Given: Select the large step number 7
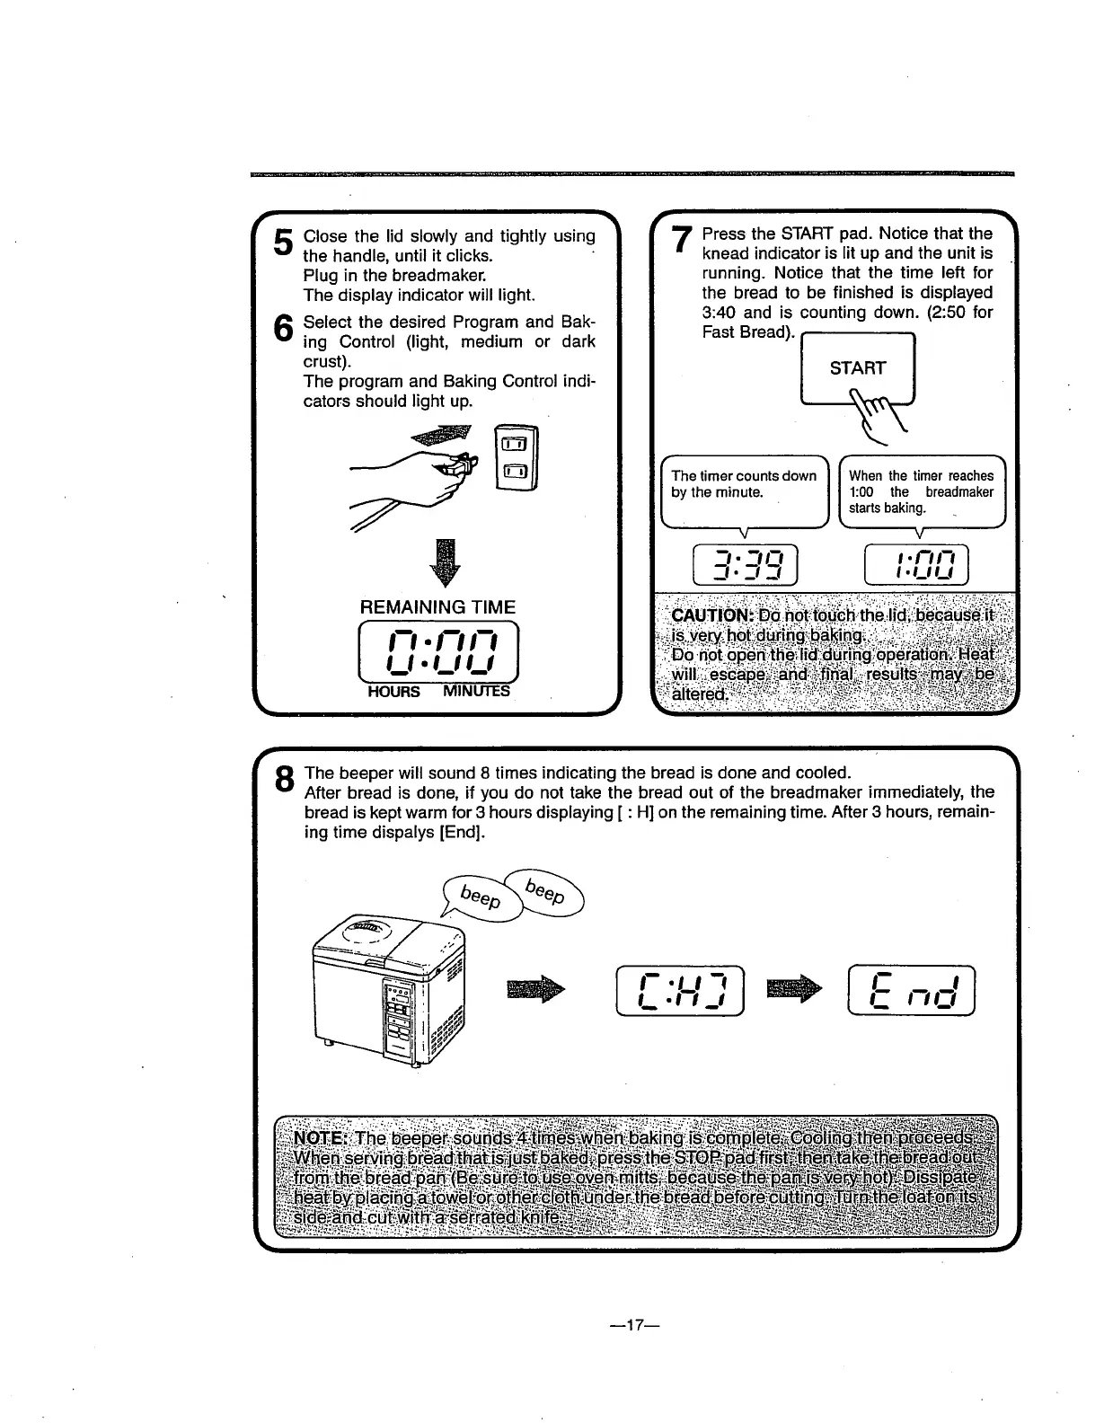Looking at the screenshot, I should tap(682, 242).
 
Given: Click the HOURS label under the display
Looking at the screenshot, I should tap(393, 692).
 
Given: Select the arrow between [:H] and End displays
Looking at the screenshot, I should tap(795, 988).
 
